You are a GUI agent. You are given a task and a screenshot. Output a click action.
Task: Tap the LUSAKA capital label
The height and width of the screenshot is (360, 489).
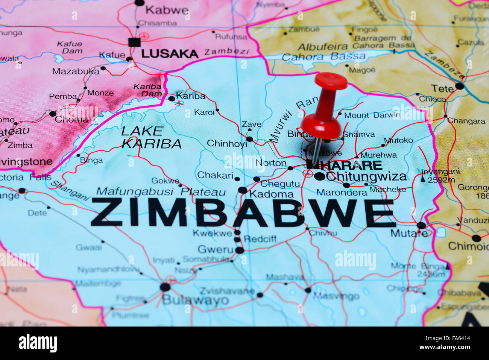[170, 54]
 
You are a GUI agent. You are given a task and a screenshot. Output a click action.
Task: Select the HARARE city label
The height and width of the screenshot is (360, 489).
[350, 165]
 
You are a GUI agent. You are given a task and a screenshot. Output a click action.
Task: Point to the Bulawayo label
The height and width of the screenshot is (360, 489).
[195, 300]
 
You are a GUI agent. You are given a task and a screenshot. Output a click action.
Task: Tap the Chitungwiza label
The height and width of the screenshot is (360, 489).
[366, 176]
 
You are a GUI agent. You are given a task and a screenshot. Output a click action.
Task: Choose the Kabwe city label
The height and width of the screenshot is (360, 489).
[167, 10]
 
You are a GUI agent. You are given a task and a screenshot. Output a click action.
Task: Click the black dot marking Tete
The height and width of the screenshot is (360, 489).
[459, 86]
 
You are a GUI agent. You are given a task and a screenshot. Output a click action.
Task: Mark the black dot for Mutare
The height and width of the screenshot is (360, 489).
[421, 226]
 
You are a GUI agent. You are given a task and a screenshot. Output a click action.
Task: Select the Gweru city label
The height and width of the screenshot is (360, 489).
[216, 249]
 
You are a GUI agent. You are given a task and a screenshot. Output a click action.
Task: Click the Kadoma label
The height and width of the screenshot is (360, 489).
[272, 194]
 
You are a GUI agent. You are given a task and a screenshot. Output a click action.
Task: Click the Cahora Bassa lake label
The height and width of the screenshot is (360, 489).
[323, 57]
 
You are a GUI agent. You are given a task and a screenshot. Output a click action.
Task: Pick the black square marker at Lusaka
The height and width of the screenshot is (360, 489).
[134, 42]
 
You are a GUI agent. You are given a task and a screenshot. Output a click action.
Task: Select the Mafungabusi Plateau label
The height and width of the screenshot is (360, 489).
[161, 192]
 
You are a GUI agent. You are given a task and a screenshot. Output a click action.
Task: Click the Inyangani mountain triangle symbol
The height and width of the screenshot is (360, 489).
[423, 179]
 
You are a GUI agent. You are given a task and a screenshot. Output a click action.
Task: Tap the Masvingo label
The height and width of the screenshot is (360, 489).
[336, 296]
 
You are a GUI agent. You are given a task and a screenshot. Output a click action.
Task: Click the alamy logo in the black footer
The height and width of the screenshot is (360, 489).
[38, 343]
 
